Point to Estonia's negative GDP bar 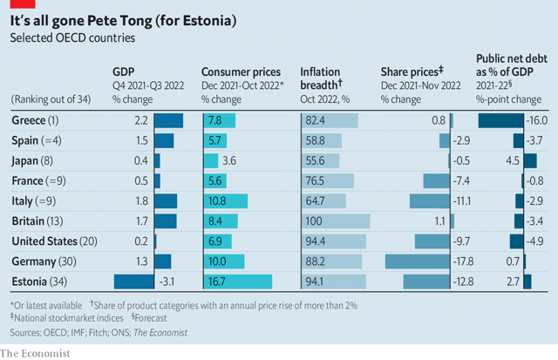(x=133, y=282)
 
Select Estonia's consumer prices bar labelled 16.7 (x=237, y=282)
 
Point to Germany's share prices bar (x=416, y=262)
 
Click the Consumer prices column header (x=241, y=72)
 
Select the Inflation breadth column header (x=321, y=78)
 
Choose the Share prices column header (x=412, y=72)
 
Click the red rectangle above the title (x=16, y=4)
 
